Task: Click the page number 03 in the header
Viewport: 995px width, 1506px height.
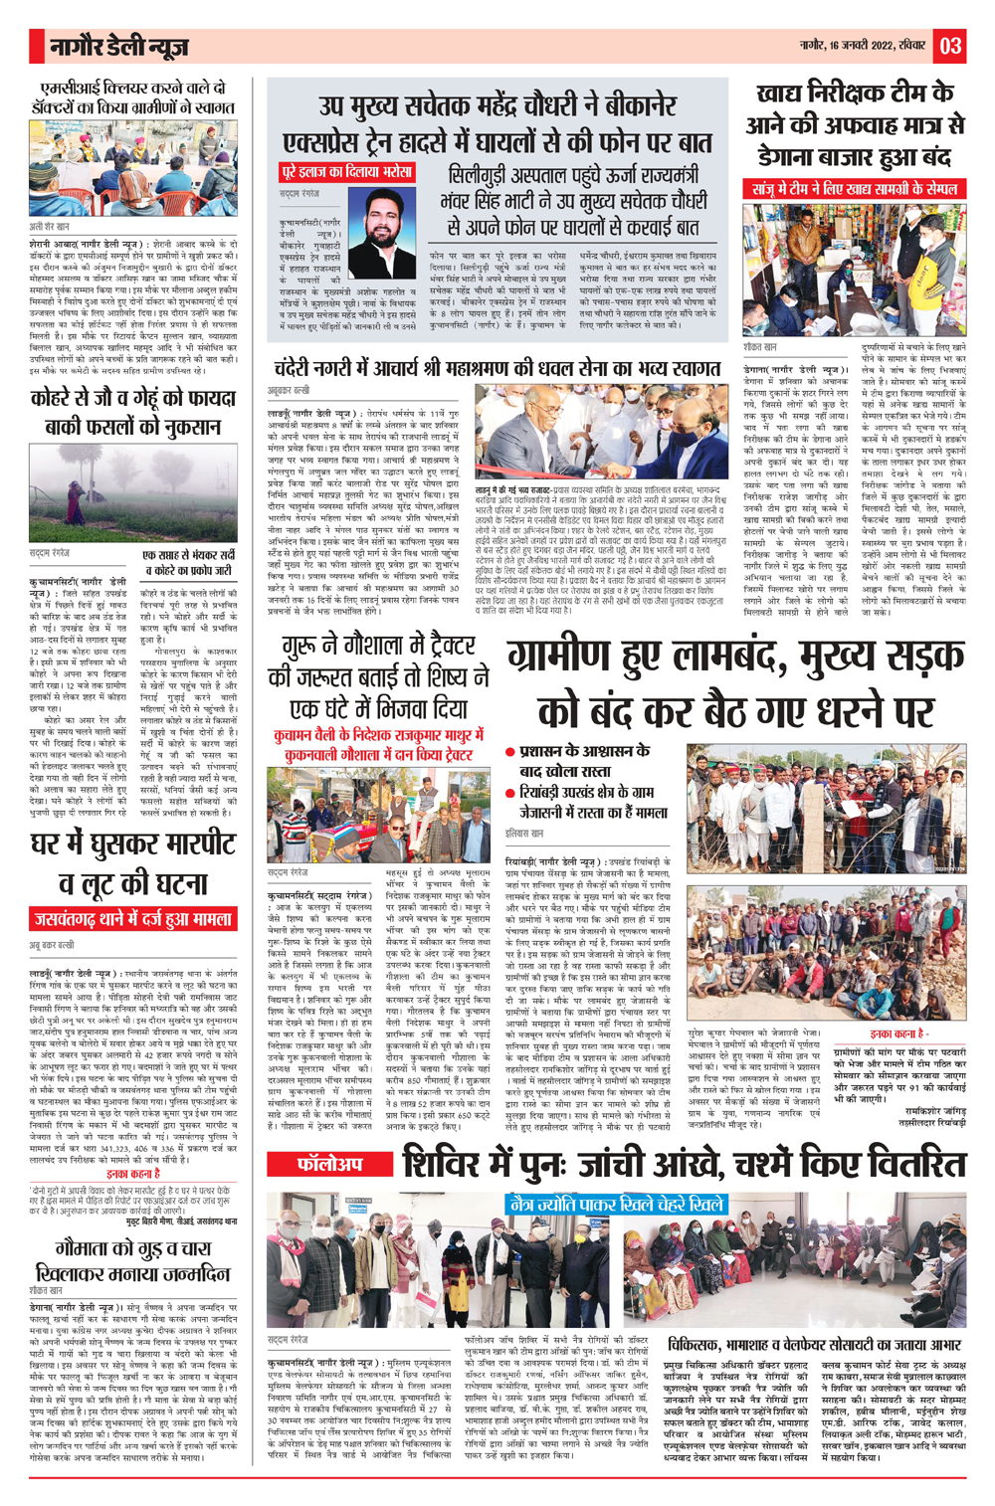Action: coord(949,45)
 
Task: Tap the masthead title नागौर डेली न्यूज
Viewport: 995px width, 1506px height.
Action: coord(119,47)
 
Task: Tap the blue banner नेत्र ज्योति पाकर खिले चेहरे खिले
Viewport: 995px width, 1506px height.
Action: coord(614,1204)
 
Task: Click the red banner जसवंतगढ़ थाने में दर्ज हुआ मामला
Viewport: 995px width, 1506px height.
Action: coord(132,919)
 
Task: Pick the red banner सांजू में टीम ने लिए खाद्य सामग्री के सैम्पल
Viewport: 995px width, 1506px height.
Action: coord(854,188)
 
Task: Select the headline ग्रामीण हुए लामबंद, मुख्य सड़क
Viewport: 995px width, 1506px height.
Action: coord(734,684)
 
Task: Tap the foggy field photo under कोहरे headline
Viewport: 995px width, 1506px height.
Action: coord(132,492)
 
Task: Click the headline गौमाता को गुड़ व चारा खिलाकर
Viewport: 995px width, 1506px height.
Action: coord(132,1260)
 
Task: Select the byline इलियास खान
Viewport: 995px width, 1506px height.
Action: coord(524,832)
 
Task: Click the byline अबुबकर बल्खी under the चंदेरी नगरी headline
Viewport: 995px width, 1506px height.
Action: coord(289,391)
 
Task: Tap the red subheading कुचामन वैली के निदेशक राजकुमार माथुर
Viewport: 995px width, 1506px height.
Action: coord(381,737)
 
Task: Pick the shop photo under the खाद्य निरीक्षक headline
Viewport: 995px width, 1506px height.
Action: coord(854,270)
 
